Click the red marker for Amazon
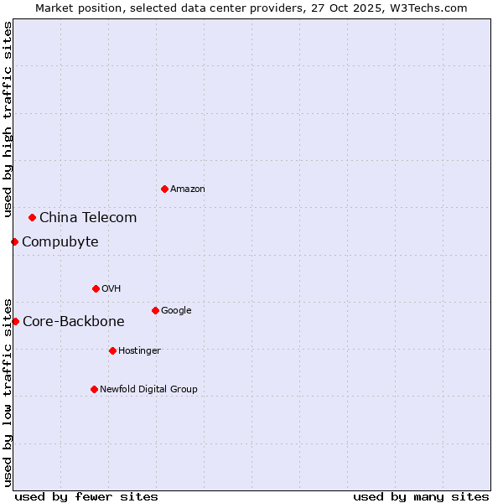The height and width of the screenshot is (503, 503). [x=164, y=189]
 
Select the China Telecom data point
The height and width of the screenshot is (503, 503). [x=32, y=217]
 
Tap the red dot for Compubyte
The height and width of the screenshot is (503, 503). [x=14, y=241]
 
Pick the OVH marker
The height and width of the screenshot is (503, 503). [x=96, y=288]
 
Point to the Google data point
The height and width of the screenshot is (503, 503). [x=155, y=310]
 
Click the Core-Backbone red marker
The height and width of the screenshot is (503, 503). [x=15, y=321]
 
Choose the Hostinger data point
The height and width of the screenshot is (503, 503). [x=112, y=350]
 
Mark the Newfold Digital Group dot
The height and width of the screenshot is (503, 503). [x=94, y=389]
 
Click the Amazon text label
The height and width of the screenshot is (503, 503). [x=187, y=189]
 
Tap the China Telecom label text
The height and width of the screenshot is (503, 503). [x=88, y=217]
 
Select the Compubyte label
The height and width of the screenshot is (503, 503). [x=60, y=241]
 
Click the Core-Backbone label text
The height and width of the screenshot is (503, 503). [x=73, y=321]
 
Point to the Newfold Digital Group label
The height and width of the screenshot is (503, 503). [x=148, y=389]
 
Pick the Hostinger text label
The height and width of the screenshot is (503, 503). [x=139, y=350]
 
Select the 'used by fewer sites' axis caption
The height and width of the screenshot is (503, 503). [x=86, y=496]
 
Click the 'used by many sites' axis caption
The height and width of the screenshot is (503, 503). [x=421, y=496]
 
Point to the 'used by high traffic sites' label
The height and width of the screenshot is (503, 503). [x=8, y=119]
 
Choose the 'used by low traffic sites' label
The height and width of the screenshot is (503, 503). [x=8, y=392]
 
